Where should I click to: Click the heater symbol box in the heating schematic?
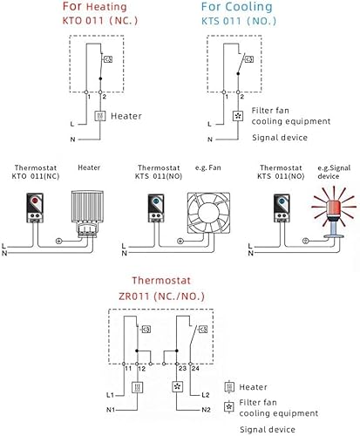(101, 115)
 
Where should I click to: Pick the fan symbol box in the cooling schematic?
(238, 115)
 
